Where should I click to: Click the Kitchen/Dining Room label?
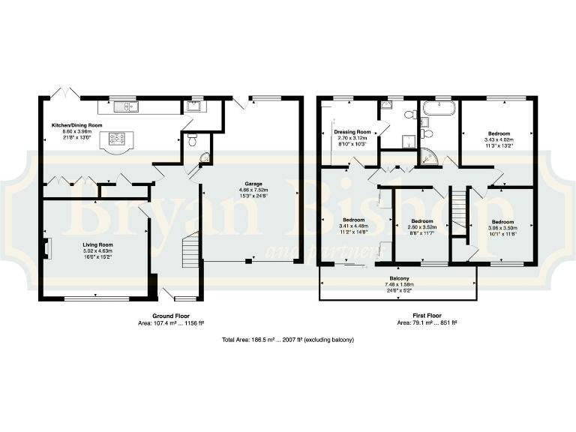(76, 125)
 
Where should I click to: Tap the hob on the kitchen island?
(117, 138)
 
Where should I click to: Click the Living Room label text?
(97, 244)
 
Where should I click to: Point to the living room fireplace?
(47, 248)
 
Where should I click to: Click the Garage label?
(252, 184)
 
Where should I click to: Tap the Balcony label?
(398, 277)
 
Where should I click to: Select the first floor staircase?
(458, 211)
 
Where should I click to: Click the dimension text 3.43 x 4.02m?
(498, 139)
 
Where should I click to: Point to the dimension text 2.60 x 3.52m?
(422, 227)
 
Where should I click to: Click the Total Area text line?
(288, 340)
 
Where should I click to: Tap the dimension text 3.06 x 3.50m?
(502, 228)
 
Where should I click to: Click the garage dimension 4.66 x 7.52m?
(252, 190)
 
